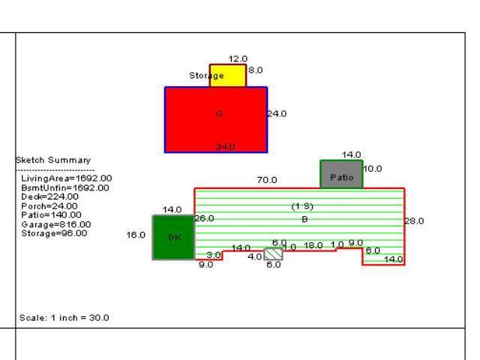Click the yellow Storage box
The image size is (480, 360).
228,76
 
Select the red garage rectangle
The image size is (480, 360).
216,120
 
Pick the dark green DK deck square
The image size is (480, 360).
173,237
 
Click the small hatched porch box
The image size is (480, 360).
274,254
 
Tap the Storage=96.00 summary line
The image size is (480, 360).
54,233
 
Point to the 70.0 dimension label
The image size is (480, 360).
267,180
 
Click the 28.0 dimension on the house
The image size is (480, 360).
414,221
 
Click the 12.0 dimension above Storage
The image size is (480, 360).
238,58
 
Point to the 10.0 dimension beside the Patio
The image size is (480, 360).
372,169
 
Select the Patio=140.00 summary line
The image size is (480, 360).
52,215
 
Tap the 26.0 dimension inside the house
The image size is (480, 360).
204,218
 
